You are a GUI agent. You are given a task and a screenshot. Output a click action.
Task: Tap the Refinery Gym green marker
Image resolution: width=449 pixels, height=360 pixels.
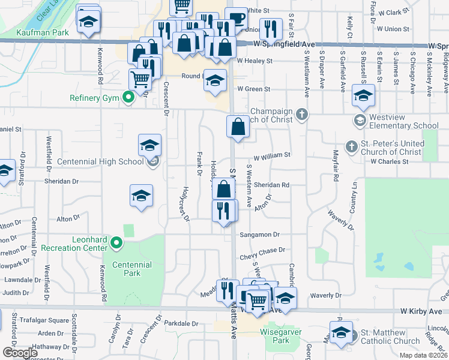(x=127, y=97)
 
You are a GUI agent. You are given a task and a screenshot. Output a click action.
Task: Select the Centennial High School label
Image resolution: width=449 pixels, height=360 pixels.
(x=100, y=161)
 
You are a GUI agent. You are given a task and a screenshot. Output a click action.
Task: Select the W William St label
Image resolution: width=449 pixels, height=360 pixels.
(x=272, y=155)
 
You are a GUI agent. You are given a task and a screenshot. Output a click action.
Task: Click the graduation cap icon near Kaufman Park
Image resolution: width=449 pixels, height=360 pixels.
(x=89, y=22)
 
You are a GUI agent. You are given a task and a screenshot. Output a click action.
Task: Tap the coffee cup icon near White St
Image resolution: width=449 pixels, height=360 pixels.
(x=237, y=17)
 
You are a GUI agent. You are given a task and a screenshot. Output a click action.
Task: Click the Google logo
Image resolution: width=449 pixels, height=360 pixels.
(x=20, y=353)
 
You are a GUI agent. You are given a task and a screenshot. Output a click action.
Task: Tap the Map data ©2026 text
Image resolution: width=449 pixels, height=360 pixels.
(x=423, y=355)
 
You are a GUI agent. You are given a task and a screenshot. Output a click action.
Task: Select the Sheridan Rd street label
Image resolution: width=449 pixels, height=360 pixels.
(x=272, y=185)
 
